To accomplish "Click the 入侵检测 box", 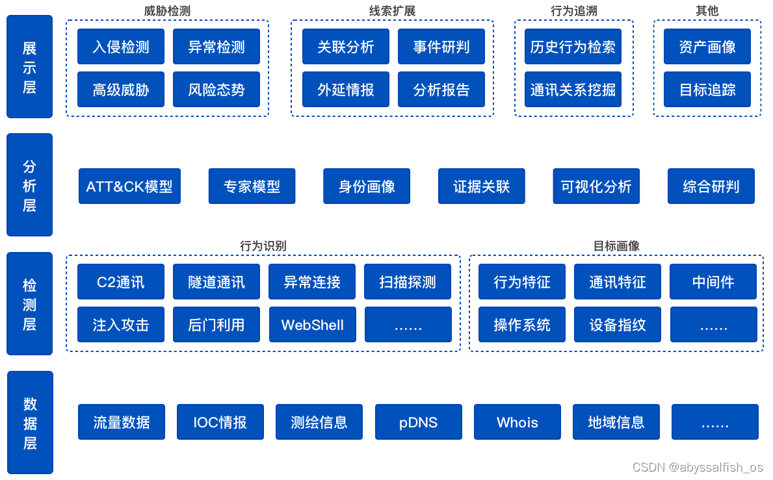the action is tap(121, 47).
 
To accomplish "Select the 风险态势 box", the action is tap(216, 90).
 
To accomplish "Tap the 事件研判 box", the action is tap(441, 47).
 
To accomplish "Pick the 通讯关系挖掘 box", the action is tap(573, 90).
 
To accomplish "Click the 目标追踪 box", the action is tap(707, 90).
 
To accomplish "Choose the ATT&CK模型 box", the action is tap(129, 186).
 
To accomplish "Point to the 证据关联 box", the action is tap(482, 186).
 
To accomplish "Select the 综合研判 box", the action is tap(711, 186).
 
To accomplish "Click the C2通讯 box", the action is tap(121, 282).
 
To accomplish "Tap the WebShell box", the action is tap(313, 325).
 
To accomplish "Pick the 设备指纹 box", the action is tap(618, 325).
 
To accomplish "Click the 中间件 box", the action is tap(713, 282).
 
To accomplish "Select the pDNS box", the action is tap(419, 422).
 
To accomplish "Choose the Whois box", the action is tap(518, 422).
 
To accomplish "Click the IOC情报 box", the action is tap(220, 422).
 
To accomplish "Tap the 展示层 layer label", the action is tap(30, 67).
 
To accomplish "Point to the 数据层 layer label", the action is tap(30, 423).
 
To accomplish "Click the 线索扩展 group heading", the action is tap(392, 11).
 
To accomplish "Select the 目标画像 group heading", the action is tap(616, 246).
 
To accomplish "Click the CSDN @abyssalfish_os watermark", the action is tap(698, 467).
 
